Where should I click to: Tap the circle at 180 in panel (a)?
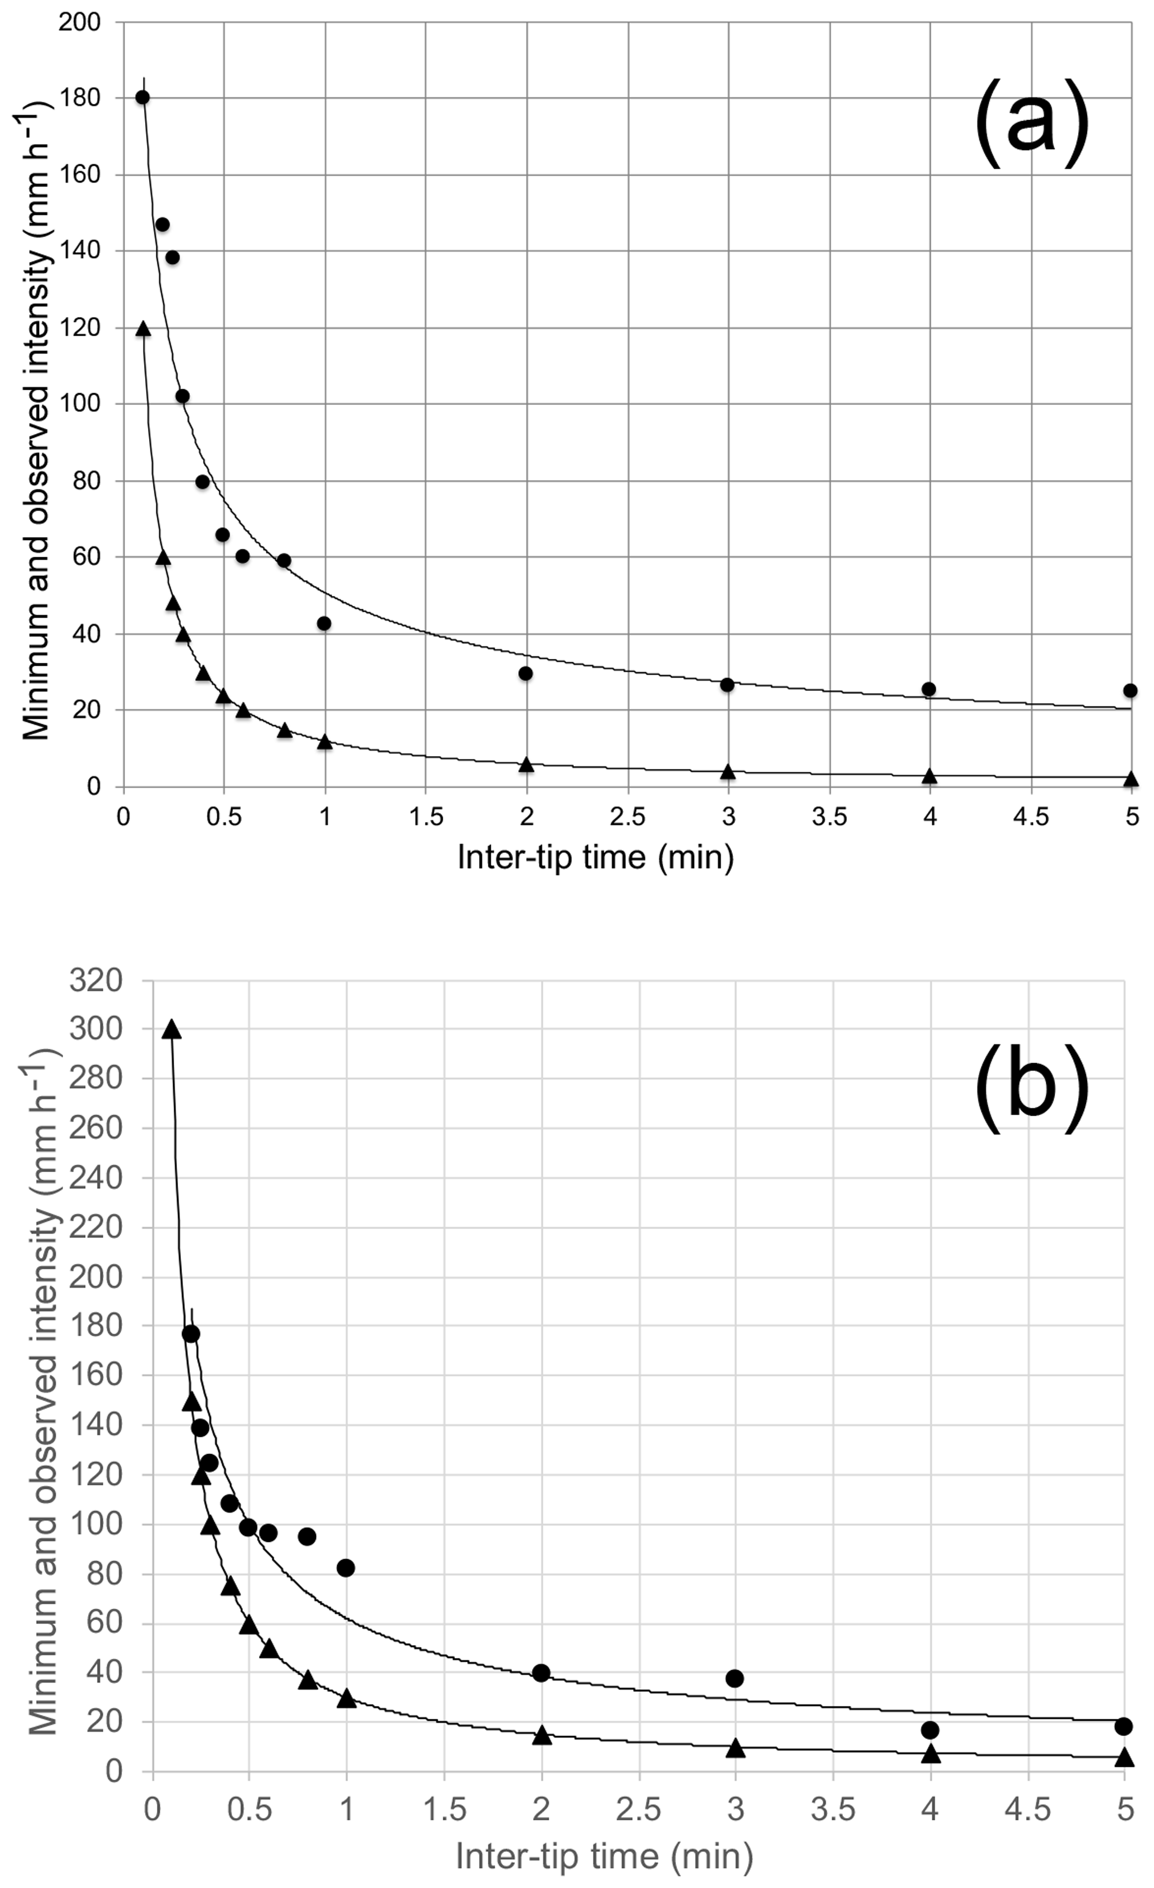click(142, 97)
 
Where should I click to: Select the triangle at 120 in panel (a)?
click(142, 329)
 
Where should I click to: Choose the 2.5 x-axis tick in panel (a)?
click(628, 817)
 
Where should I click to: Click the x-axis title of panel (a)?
click(595, 857)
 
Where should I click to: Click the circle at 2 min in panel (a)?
click(526, 673)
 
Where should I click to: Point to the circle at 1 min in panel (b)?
click(346, 1567)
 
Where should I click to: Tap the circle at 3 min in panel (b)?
click(735, 1678)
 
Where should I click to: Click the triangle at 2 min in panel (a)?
click(526, 764)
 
